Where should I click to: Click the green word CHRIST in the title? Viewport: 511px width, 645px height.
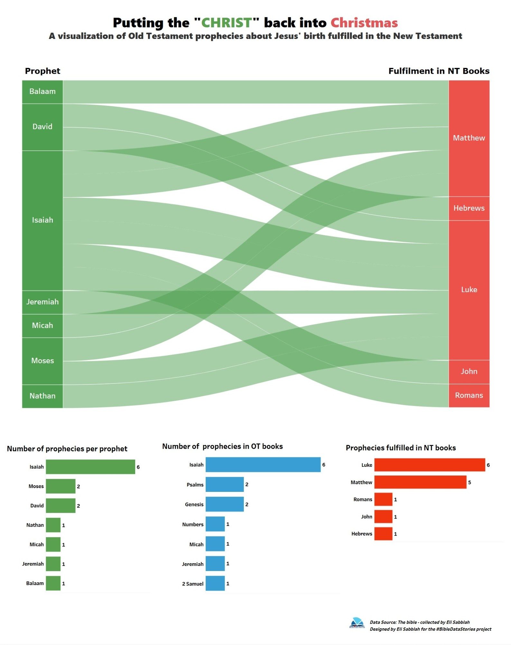[226, 23]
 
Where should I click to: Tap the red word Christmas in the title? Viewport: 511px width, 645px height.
[364, 23]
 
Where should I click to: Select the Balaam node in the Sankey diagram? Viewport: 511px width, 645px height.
[42, 92]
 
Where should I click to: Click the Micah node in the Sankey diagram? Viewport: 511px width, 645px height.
[42, 326]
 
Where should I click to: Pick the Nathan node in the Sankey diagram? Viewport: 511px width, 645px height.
[42, 396]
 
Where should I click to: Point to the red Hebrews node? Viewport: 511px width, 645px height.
[469, 208]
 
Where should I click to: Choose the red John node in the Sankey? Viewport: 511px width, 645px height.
[469, 372]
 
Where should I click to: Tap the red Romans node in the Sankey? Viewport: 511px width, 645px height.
[469, 395]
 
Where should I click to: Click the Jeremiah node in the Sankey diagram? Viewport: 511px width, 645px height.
[42, 302]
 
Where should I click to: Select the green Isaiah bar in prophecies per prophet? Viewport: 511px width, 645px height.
[90, 467]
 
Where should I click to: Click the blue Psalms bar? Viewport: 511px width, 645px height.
[224, 484]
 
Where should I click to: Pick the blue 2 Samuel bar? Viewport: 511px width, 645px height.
[215, 584]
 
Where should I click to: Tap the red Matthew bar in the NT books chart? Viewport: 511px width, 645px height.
[420, 482]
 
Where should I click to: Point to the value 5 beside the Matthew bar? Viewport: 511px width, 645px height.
[469, 483]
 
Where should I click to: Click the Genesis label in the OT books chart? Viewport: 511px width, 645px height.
[194, 504]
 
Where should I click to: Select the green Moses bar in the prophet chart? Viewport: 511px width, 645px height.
[60, 486]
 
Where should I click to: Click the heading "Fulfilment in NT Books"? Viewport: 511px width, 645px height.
[439, 71]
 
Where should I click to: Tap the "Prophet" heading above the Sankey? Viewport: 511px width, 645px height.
[42, 71]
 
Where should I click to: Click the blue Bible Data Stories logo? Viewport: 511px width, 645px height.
[357, 623]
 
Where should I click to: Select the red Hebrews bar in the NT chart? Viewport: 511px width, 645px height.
[383, 534]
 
